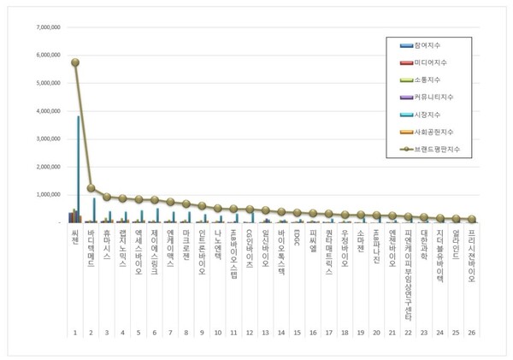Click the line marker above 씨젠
tap(75, 62)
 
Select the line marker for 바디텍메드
tap(91, 188)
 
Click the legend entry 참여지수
tap(424, 44)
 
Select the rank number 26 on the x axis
tap(471, 330)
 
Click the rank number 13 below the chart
tap(265, 330)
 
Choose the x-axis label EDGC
tap(297, 236)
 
